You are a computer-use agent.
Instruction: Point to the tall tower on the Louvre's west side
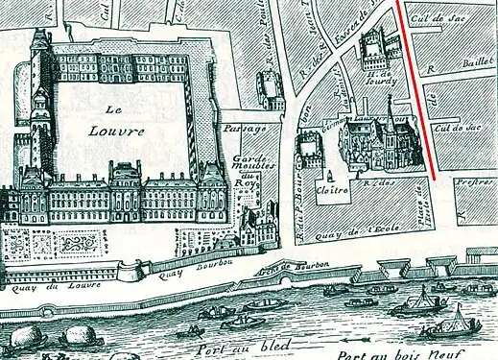40,96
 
